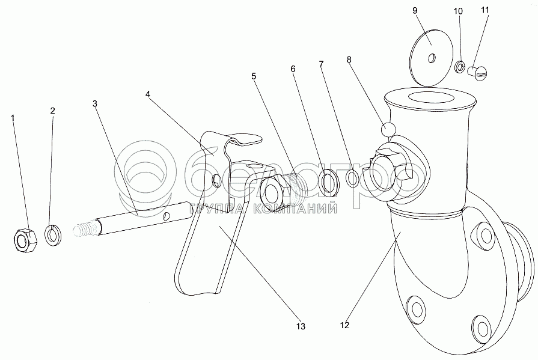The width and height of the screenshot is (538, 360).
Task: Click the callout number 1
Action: [x=13, y=117]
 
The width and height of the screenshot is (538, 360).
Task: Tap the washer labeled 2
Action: [x=53, y=234]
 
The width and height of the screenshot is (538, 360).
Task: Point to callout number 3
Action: [x=95, y=103]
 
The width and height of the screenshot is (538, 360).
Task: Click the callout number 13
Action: [x=301, y=326]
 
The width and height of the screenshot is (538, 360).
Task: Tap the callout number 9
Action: [x=431, y=11]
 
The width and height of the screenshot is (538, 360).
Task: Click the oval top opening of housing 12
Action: [x=428, y=98]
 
